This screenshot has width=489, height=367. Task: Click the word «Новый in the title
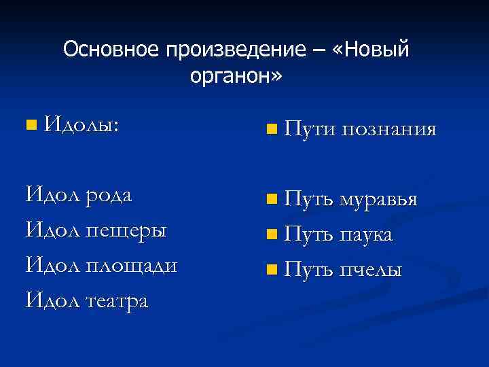[370, 50]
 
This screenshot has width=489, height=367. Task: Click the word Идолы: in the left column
[81, 124]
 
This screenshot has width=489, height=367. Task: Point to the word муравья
[378, 199]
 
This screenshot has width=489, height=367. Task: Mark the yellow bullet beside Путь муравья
[272, 200]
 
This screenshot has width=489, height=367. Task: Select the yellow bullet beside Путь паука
[272, 235]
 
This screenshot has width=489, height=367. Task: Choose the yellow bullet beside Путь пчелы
[272, 270]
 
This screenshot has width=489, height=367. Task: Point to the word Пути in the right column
[310, 128]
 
